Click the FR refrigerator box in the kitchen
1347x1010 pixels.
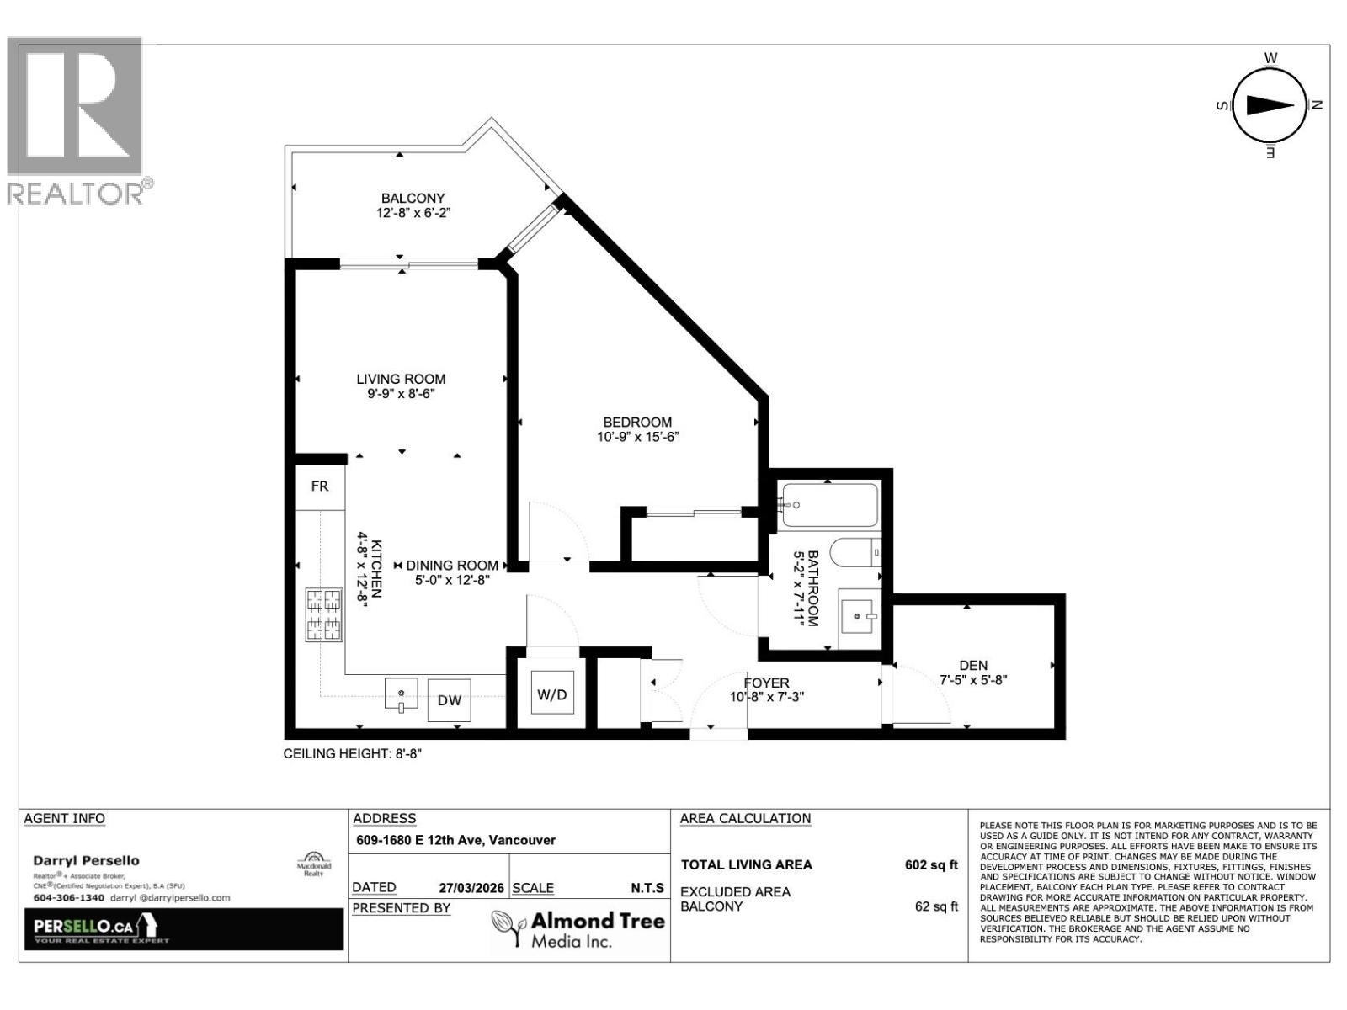coord(320,486)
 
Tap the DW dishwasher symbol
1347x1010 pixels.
coord(449,699)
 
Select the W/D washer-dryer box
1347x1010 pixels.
coord(552,694)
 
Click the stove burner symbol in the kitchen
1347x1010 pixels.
coord(324,614)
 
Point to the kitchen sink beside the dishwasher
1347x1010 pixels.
coord(402,695)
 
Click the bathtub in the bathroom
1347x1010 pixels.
coord(829,505)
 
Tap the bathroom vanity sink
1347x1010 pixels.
coord(860,617)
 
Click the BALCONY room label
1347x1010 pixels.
coord(413,199)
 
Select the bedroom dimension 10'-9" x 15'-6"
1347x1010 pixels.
coord(637,437)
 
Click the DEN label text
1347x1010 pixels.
coord(973,665)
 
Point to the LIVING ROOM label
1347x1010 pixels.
coord(401,380)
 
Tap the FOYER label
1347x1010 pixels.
coord(766,683)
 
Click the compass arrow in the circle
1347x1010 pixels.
coord(1270,105)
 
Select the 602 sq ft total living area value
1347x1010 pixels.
coord(931,864)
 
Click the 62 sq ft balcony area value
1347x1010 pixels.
coord(936,906)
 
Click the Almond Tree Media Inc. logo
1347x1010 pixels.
coord(579,929)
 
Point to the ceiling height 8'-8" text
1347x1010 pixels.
coord(352,754)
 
